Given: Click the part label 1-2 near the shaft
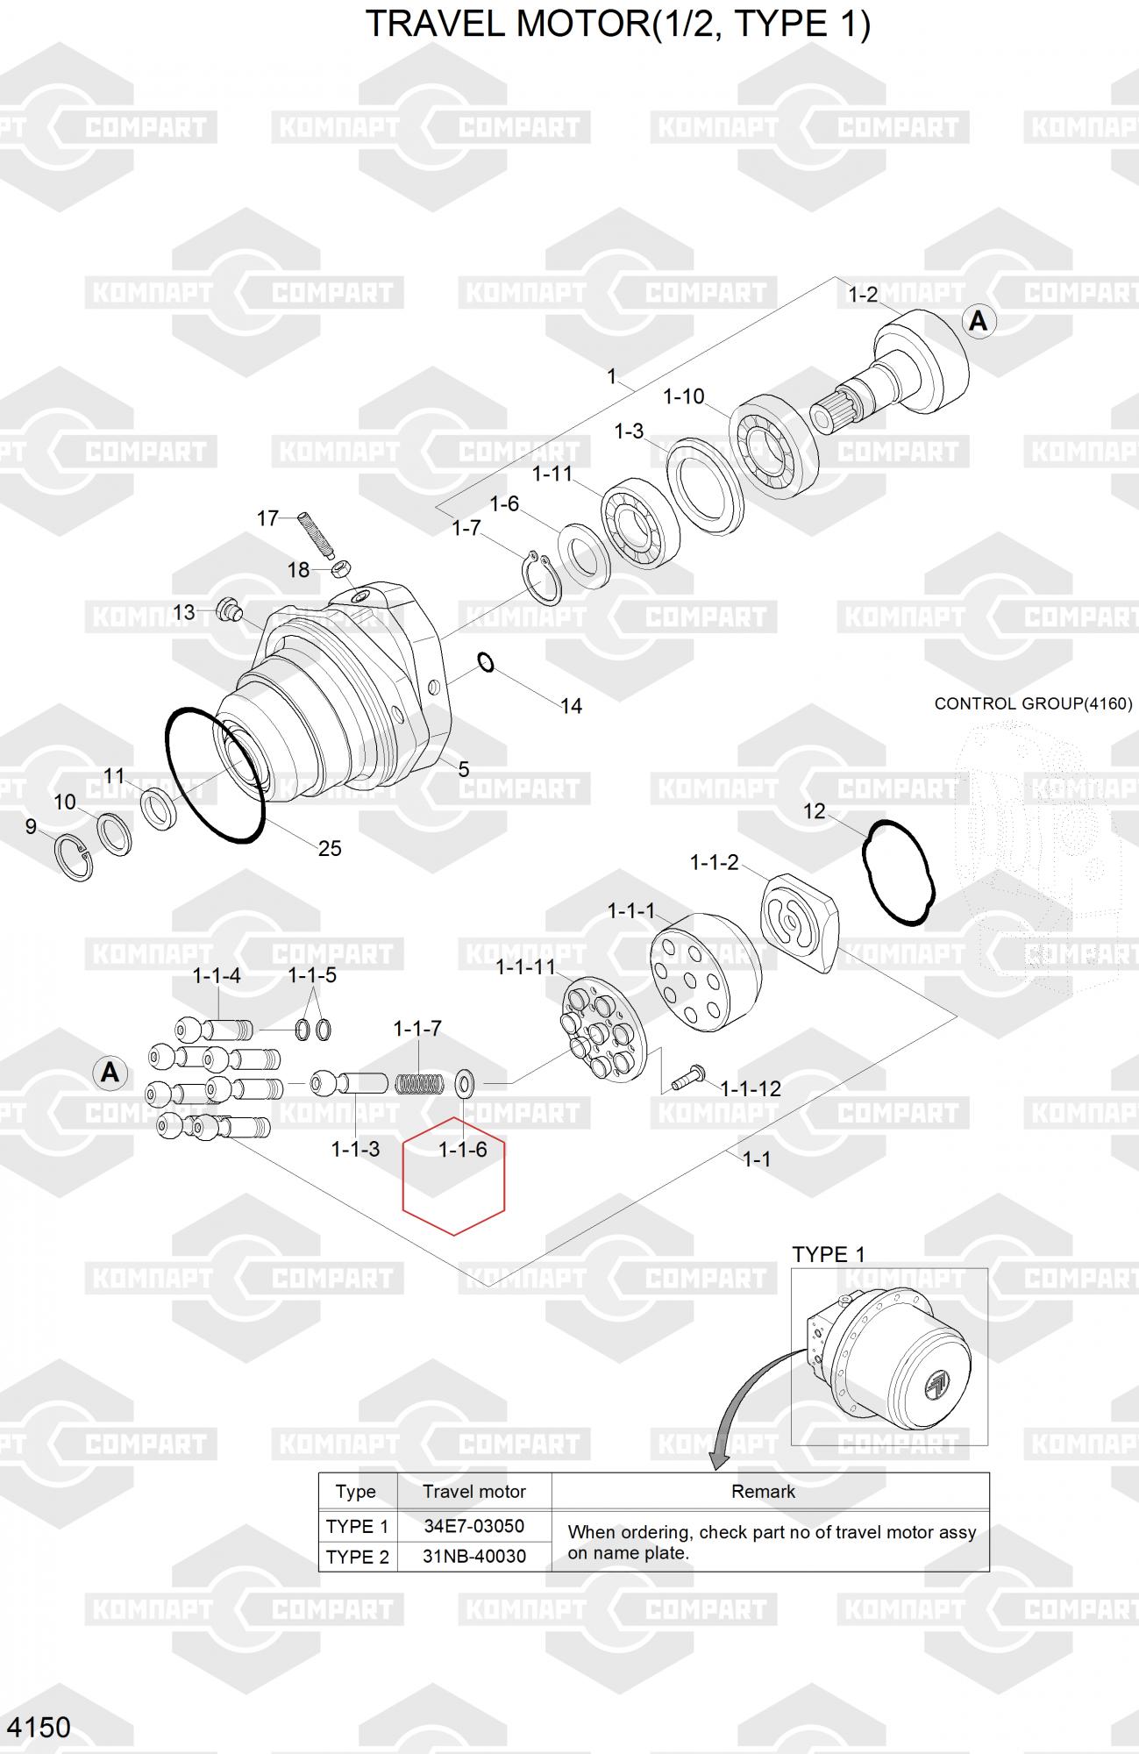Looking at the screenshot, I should point(863,295).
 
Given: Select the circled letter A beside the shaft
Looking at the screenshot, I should point(978,322).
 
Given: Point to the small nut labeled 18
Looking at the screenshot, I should point(343,571).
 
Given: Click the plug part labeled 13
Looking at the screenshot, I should point(231,609).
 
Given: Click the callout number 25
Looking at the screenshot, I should point(330,848).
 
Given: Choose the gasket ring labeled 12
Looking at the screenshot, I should point(899,872).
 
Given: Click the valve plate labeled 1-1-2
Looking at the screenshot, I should point(799,923).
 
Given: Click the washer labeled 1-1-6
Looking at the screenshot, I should point(465,1083).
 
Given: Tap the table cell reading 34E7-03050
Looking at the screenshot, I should point(474,1526).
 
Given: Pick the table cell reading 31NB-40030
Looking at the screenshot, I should point(474,1557).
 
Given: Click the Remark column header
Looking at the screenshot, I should point(763,1492).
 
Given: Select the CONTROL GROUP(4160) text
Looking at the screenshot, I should point(1033,703).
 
